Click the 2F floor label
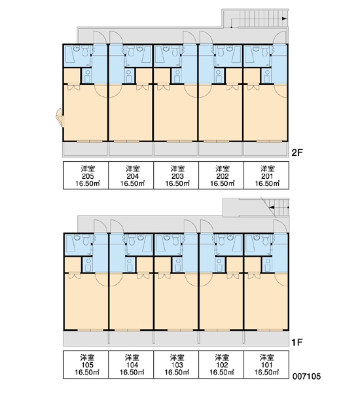tap(297, 153)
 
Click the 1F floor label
tap(297, 342)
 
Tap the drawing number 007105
tap(306, 376)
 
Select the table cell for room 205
tap(86, 175)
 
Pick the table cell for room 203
tap(176, 175)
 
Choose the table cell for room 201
tap(266, 175)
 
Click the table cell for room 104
tap(131, 364)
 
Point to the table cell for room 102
tap(221, 364)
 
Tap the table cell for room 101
tap(266, 364)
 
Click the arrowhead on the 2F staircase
tap(284, 18)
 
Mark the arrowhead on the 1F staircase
tap(272, 207)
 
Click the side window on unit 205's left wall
tap(60, 117)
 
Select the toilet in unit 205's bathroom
tap(85, 51)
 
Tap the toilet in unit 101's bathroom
tap(266, 240)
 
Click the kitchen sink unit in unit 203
tap(177, 76)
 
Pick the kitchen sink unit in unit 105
tap(88, 265)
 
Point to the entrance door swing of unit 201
tap(279, 37)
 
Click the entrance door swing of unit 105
tap(100, 227)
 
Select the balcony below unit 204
tap(130, 149)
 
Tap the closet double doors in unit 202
tap(232, 88)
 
